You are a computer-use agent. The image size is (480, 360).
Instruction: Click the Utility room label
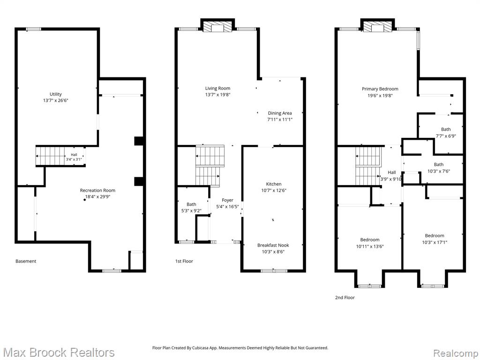[x=56, y=94]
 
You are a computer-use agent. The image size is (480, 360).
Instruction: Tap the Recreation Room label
[x=97, y=190]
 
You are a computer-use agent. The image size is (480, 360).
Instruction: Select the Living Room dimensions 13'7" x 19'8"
[x=217, y=95]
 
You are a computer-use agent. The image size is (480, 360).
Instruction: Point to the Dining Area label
[x=280, y=113]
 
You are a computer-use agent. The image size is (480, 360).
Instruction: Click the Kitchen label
[x=274, y=184]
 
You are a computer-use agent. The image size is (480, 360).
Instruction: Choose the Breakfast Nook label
[x=273, y=245]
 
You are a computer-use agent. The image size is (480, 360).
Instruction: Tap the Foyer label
[x=227, y=200]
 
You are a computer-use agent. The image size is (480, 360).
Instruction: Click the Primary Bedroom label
[x=380, y=89]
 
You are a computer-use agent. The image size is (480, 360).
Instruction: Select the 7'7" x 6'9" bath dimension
[x=446, y=136]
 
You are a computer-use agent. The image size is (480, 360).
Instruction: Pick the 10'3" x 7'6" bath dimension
[x=439, y=172]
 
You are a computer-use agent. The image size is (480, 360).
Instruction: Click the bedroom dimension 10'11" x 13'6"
[x=370, y=247]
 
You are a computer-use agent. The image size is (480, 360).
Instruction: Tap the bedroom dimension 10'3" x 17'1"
[x=435, y=242]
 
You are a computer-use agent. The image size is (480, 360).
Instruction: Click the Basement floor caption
[x=26, y=261]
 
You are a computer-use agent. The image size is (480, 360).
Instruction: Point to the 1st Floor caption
[x=184, y=261]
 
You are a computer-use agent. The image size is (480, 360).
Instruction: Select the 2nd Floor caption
[x=345, y=297]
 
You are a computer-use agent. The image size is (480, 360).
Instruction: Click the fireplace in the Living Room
[x=217, y=27]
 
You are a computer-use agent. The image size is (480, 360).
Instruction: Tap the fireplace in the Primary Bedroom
[x=377, y=27]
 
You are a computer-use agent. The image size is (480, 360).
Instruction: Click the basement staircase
[x=50, y=156]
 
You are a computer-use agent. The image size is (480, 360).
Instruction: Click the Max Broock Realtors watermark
[x=59, y=352]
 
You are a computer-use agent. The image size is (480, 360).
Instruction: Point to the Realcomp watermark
[x=455, y=353]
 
